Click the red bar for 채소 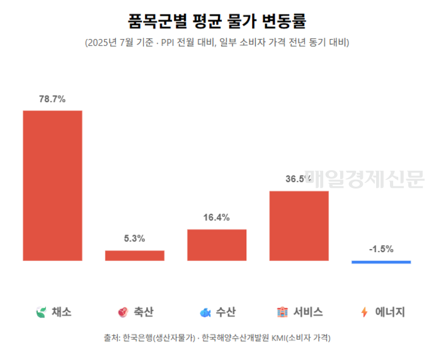click(x=53, y=185)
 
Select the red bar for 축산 click(x=135, y=255)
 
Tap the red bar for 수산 click(x=217, y=245)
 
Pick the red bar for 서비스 click(x=299, y=225)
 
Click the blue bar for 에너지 click(x=381, y=262)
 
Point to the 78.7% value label click(x=53, y=99)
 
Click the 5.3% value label click(x=135, y=238)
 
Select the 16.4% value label click(x=217, y=218)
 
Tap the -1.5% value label click(x=381, y=249)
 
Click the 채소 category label click(x=62, y=312)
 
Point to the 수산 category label click(x=226, y=312)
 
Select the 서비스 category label click(x=308, y=312)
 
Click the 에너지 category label click(x=390, y=312)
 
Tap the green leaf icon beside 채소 click(x=41, y=312)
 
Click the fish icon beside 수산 click(x=205, y=312)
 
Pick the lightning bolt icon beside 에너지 click(x=364, y=312)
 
